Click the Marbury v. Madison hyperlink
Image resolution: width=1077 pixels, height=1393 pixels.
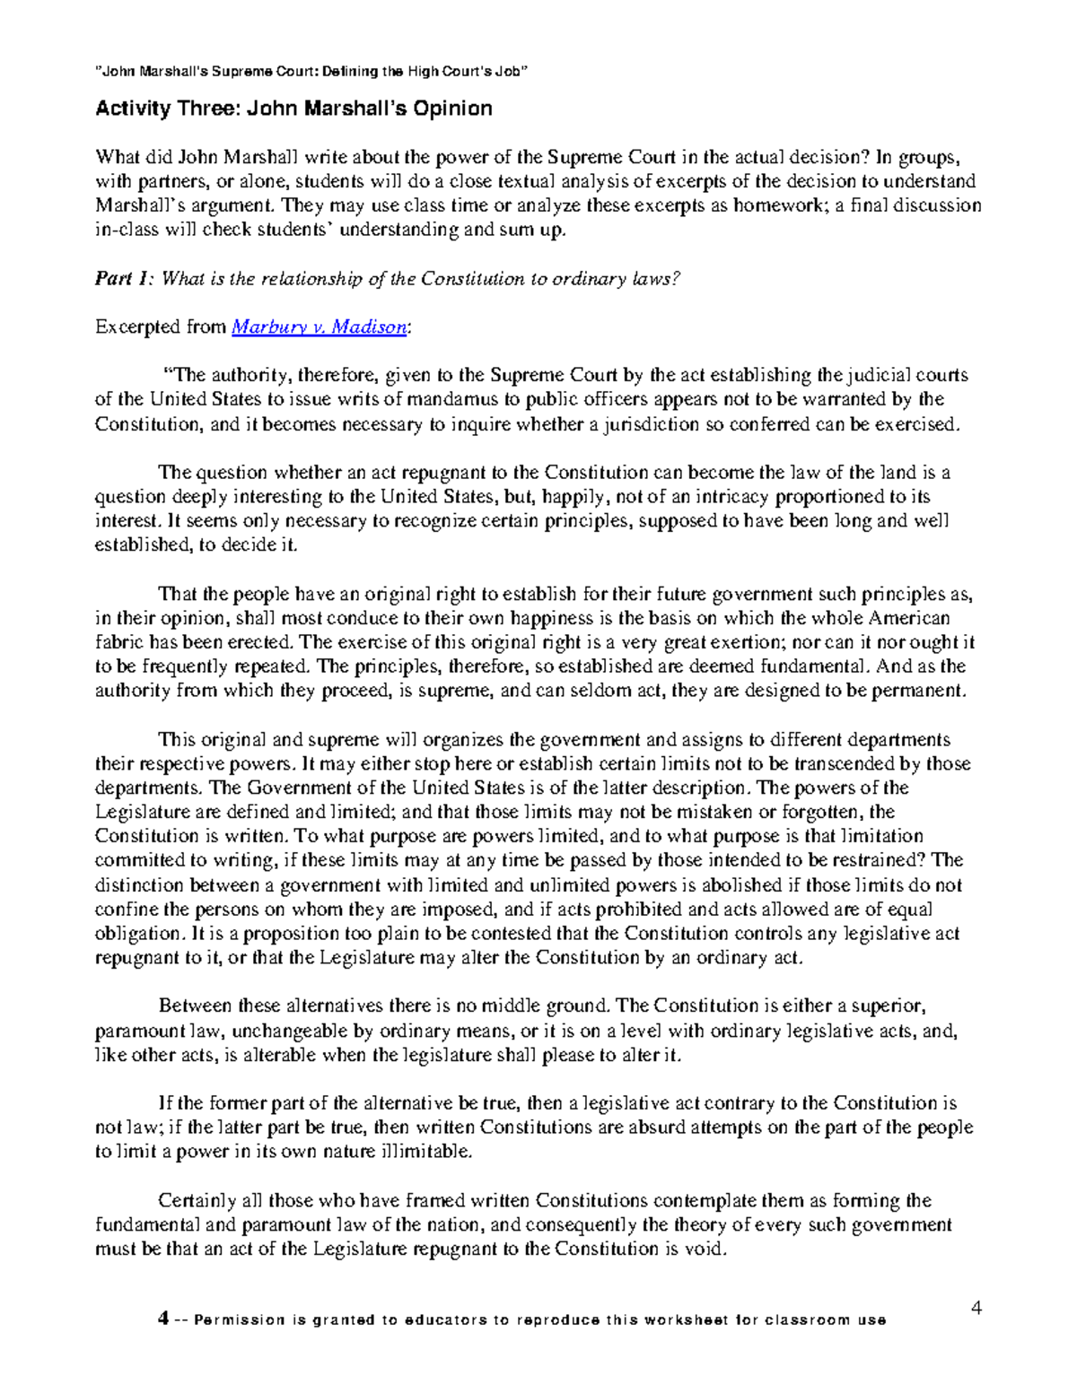(320, 327)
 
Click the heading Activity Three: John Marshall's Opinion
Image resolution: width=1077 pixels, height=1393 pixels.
(293, 109)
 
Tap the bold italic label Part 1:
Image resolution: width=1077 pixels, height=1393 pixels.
(126, 279)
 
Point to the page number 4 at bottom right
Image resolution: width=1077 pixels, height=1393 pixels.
(976, 1308)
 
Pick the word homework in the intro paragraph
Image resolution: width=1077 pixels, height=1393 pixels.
(779, 205)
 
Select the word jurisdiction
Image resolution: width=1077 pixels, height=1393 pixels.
(648, 424)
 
